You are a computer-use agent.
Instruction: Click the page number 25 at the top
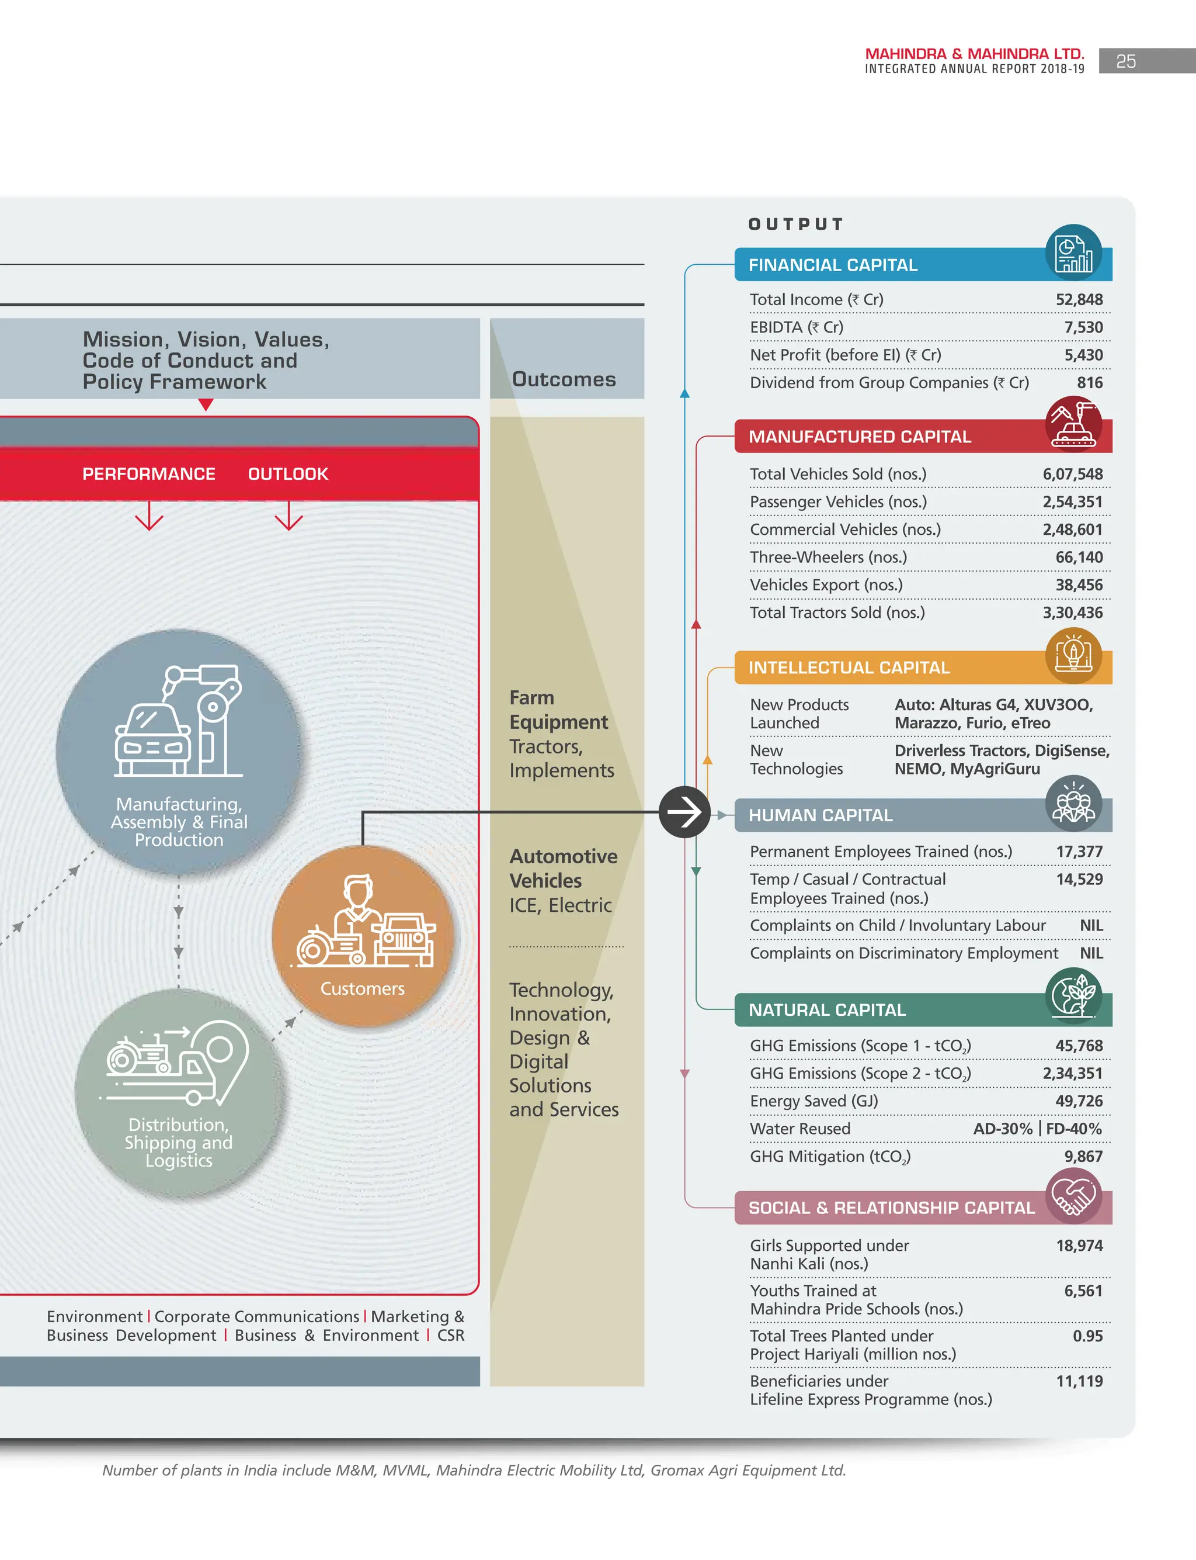(1125, 61)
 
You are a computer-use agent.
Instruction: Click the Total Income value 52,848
(1079, 300)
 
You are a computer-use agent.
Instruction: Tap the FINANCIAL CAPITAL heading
(832, 265)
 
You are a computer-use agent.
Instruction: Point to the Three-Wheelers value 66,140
(1079, 557)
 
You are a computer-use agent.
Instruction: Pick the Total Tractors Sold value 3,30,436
(1072, 613)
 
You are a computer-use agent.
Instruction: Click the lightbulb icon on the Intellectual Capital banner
(1073, 655)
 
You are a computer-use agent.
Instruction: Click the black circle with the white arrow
(684, 811)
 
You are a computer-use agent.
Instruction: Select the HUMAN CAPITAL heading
(820, 815)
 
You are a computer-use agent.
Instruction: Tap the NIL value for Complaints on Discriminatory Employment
(1091, 953)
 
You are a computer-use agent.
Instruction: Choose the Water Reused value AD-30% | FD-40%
(1037, 1128)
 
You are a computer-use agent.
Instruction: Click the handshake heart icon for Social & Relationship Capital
(1073, 1195)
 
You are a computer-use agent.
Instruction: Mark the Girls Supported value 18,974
(1079, 1245)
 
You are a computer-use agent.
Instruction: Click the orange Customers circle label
(361, 989)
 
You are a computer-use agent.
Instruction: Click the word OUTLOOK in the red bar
(287, 473)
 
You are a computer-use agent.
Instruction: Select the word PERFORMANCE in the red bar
(148, 473)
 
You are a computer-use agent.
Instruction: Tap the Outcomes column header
(563, 379)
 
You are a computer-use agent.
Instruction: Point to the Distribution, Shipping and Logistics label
(178, 1142)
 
